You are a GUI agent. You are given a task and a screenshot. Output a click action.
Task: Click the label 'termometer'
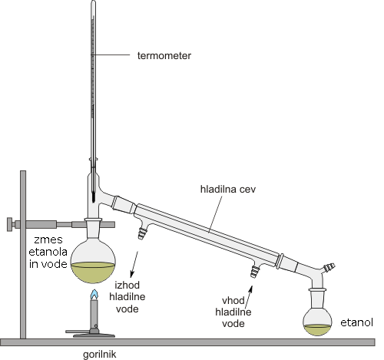point(164,55)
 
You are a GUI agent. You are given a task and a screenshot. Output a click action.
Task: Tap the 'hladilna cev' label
point(228,190)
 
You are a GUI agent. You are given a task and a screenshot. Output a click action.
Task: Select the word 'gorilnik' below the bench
point(100,355)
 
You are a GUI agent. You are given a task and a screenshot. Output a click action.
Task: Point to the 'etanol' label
point(356,322)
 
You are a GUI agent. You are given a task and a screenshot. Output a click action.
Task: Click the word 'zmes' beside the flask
point(48,239)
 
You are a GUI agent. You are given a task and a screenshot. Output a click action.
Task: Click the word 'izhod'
point(127,285)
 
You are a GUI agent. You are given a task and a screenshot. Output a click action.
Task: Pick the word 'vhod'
point(233,300)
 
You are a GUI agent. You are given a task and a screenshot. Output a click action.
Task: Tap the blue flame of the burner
point(94,295)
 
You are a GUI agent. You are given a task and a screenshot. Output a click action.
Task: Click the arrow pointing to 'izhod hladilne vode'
point(134,264)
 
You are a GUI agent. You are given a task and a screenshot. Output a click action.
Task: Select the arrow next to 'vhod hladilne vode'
point(249,298)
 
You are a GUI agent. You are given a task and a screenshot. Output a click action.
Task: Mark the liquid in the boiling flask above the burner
point(93,272)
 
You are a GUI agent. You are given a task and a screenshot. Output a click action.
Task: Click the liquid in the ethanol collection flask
point(317,329)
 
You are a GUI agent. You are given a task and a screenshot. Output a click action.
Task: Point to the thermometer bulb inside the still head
point(93,197)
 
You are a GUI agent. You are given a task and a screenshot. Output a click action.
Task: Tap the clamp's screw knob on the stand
point(9,224)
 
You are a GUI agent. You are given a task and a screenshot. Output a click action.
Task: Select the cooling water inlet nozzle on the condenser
point(254,272)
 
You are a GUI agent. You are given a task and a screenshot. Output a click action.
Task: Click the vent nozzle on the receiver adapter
point(329,267)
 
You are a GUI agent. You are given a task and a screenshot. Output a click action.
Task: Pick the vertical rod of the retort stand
point(23,255)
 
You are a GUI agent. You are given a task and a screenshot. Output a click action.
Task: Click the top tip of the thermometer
point(94,1)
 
